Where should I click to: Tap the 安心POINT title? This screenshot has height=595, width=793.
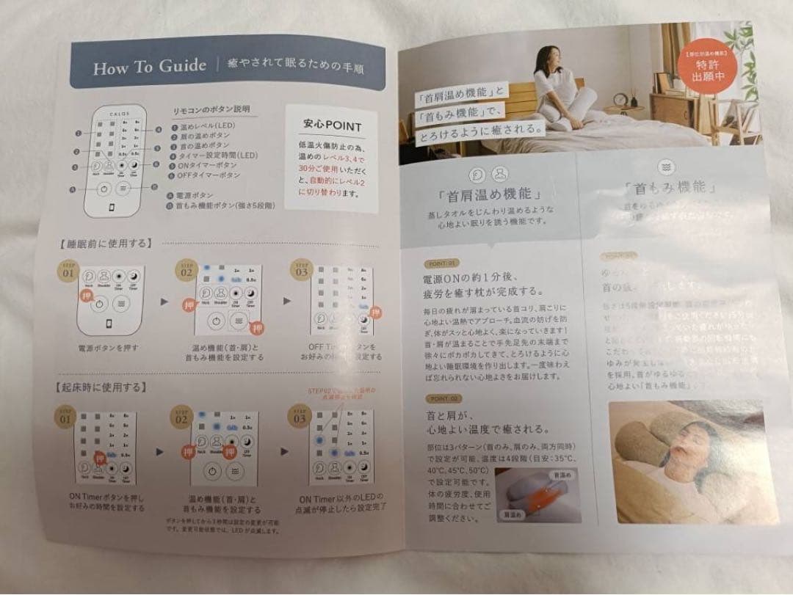332,125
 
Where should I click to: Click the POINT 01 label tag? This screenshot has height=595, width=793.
442,262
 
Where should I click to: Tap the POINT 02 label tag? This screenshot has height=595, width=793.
443,398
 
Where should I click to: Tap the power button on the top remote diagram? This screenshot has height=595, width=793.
104,189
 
